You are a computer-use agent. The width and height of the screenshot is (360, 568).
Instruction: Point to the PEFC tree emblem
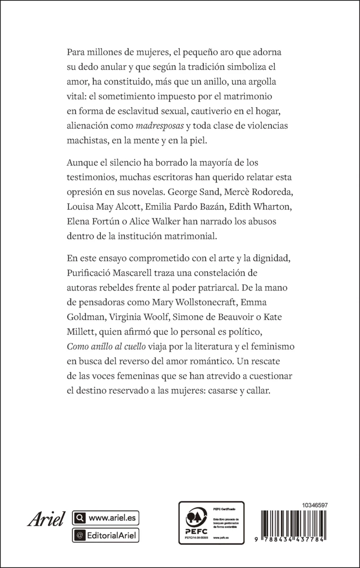click(195, 517)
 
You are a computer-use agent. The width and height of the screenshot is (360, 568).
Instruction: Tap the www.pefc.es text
click(220, 538)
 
